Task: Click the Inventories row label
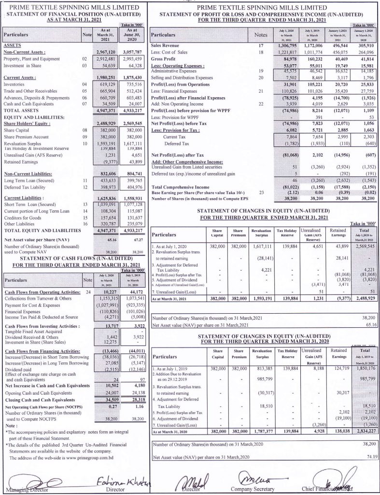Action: pyautogui.click(x=15, y=84)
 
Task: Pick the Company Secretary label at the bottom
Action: pyautogui.click(x=251, y=489)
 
